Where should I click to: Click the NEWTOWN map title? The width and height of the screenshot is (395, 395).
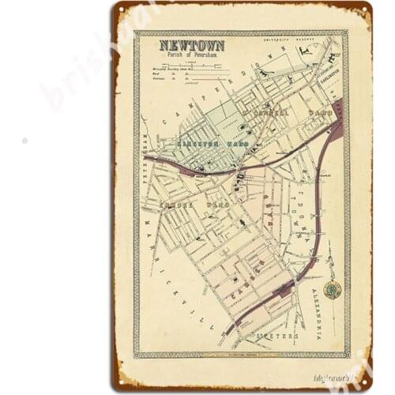click(x=192, y=46)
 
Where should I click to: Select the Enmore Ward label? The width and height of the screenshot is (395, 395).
click(x=194, y=205)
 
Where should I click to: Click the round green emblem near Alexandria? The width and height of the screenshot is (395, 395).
click(x=333, y=289)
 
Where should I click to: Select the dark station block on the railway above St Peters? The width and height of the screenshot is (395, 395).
click(x=282, y=290)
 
